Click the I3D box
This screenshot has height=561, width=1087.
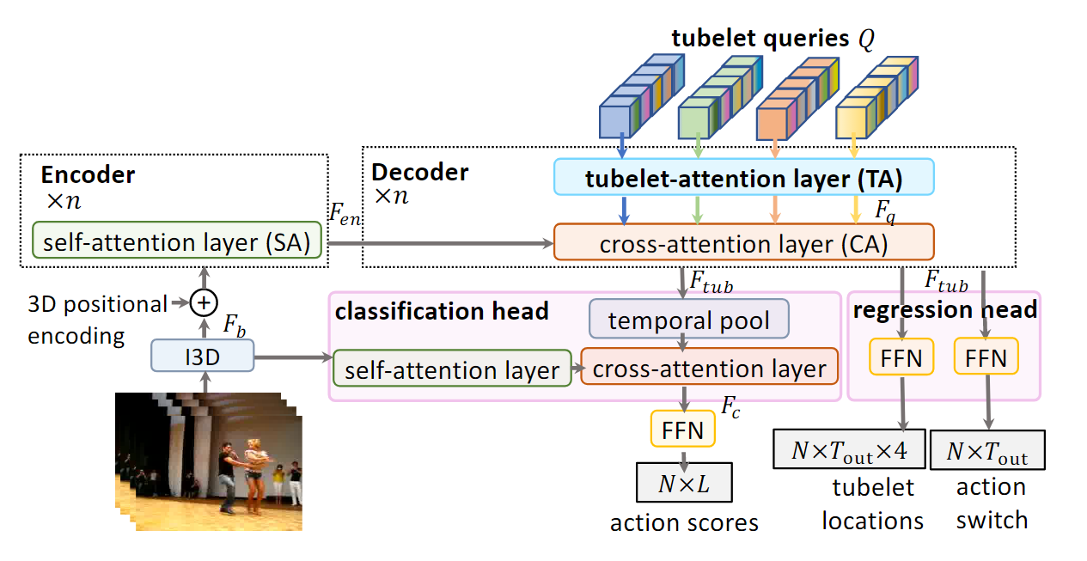(x=203, y=355)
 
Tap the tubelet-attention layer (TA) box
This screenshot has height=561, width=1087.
(x=743, y=179)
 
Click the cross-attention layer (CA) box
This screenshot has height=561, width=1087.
(x=743, y=242)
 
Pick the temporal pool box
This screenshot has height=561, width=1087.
(x=688, y=320)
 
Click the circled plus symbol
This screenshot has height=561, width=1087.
(x=204, y=302)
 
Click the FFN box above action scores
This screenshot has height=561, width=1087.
(x=683, y=429)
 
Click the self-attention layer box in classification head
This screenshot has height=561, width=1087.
(x=452, y=369)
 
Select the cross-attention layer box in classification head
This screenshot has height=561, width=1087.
(x=710, y=369)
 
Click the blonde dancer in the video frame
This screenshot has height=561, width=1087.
(x=255, y=468)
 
